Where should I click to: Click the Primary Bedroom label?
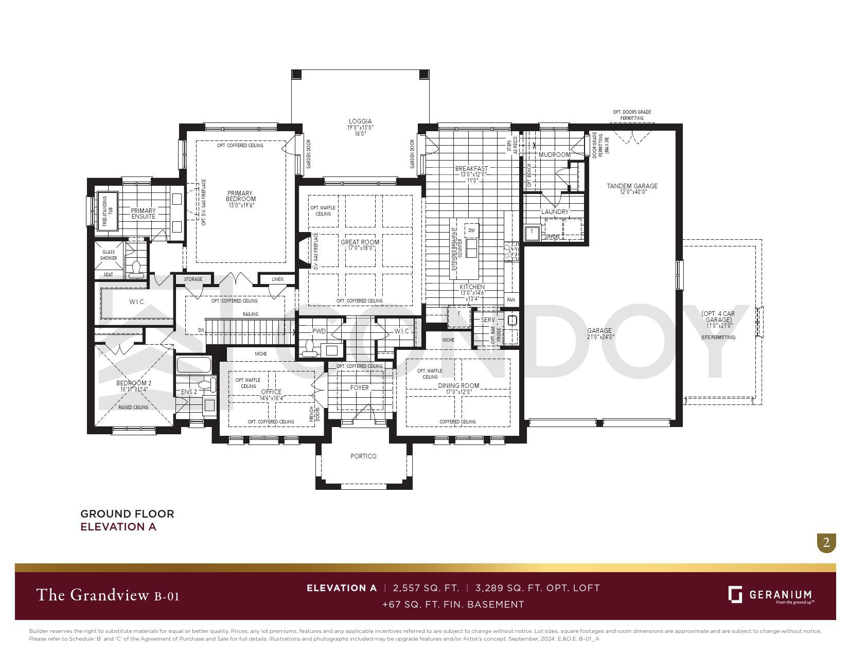241,196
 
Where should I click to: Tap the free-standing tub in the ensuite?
109,210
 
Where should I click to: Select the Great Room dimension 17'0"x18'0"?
360,249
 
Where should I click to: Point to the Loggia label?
360,121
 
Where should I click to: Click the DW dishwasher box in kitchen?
471,231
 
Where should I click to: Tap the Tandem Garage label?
632,186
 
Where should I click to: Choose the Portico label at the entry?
363,456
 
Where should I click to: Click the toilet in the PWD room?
310,348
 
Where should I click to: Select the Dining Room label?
458,385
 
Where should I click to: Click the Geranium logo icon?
735,594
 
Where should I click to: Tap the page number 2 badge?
826,543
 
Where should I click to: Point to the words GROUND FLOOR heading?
127,513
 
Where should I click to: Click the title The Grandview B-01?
108,595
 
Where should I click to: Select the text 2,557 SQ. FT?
426,588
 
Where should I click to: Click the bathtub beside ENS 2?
193,365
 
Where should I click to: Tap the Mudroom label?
554,154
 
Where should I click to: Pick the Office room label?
271,392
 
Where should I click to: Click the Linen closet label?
277,279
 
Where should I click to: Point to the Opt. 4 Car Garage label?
718,316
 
